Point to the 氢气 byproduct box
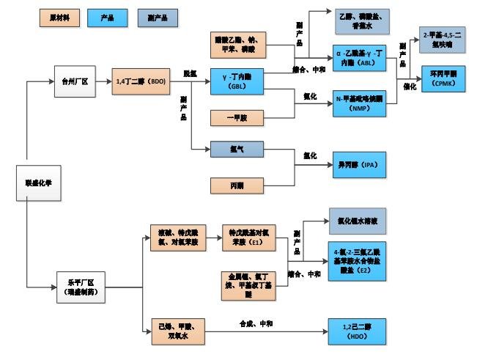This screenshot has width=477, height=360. [x=237, y=149]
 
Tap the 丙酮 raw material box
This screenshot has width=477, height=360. [x=237, y=185]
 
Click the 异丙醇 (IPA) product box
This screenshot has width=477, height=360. [x=358, y=165]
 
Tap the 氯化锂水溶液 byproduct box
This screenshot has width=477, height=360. [x=358, y=220]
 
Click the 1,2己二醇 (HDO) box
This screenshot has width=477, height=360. [x=358, y=331]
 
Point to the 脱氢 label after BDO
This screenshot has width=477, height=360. [x=190, y=73]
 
